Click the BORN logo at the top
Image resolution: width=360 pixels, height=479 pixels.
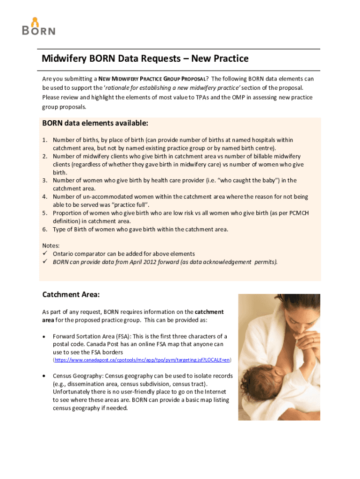click(38, 27)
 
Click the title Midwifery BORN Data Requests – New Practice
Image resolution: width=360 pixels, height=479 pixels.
click(145, 59)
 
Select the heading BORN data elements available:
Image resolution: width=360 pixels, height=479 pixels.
click(95, 123)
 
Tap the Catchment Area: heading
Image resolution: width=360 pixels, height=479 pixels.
click(71, 295)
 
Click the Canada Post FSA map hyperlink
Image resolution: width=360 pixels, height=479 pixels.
click(142, 360)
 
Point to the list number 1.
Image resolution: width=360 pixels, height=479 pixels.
click(44, 140)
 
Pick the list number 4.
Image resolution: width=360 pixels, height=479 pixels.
click(44, 197)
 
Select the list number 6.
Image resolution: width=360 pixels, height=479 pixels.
click(44, 229)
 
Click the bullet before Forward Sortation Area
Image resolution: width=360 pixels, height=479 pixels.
click(44, 336)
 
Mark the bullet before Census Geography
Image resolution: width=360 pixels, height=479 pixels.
click(44, 376)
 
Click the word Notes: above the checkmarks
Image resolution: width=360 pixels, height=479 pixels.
click(51, 245)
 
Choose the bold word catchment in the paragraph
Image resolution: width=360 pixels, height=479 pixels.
click(209, 312)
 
